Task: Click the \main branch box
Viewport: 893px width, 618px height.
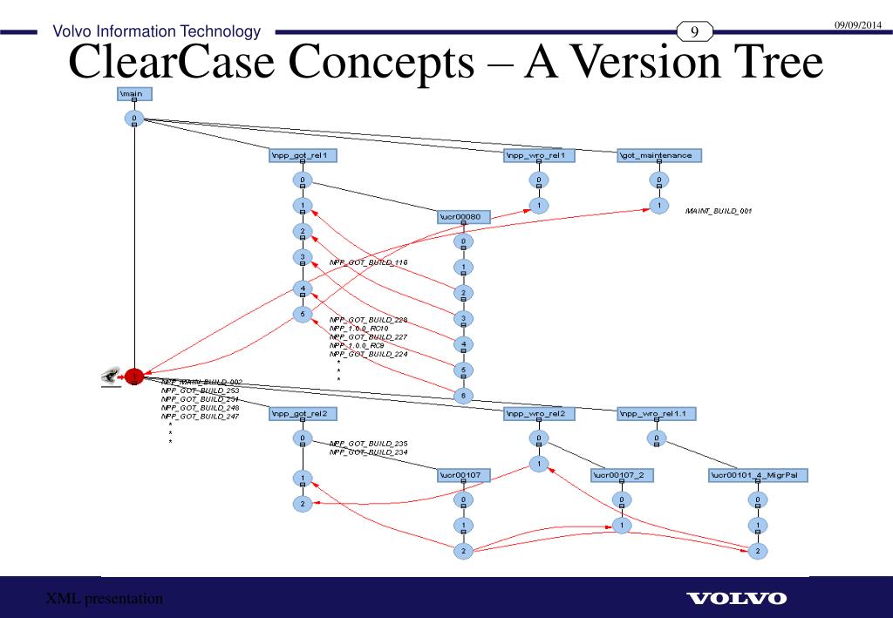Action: (134, 93)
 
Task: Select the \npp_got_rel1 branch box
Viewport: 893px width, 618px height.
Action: (302, 156)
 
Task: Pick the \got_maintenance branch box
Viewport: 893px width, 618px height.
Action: (658, 156)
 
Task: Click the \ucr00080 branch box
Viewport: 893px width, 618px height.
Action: (463, 216)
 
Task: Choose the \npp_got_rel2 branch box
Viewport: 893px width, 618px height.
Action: (302, 413)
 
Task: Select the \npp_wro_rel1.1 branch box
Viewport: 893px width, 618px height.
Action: (657, 413)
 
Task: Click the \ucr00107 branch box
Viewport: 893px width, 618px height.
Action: (463, 475)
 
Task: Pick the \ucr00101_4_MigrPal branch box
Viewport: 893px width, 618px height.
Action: (758, 475)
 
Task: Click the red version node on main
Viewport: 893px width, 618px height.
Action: (133, 376)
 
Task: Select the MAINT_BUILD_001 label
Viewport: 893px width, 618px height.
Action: (718, 211)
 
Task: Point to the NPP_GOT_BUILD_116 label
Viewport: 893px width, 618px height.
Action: (368, 262)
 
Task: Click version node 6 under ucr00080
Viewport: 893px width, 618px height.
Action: (463, 395)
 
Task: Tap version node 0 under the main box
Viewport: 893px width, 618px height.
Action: (134, 118)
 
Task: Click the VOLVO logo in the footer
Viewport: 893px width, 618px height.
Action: (737, 599)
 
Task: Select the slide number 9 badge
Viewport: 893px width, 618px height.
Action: (695, 33)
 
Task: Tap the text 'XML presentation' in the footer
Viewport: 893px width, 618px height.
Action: (105, 599)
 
